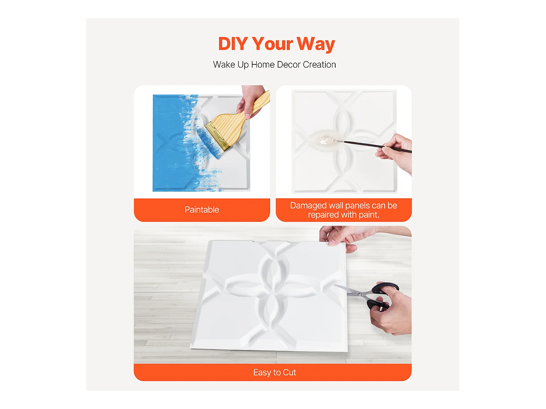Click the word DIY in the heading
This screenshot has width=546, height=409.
click(x=233, y=44)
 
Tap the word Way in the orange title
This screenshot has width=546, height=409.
click(x=316, y=44)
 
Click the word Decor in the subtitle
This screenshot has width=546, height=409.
click(x=289, y=65)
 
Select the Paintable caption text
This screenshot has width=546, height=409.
click(x=202, y=210)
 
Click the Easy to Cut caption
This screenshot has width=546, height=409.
click(x=274, y=373)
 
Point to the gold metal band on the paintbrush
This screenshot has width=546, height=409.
click(x=217, y=136)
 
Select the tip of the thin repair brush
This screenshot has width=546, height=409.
click(x=324, y=141)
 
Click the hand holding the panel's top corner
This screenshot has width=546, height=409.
click(x=342, y=236)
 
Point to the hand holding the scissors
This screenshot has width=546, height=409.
click(x=391, y=314)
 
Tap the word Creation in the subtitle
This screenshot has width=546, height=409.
click(x=319, y=65)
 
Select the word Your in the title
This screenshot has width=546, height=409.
click(x=272, y=44)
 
